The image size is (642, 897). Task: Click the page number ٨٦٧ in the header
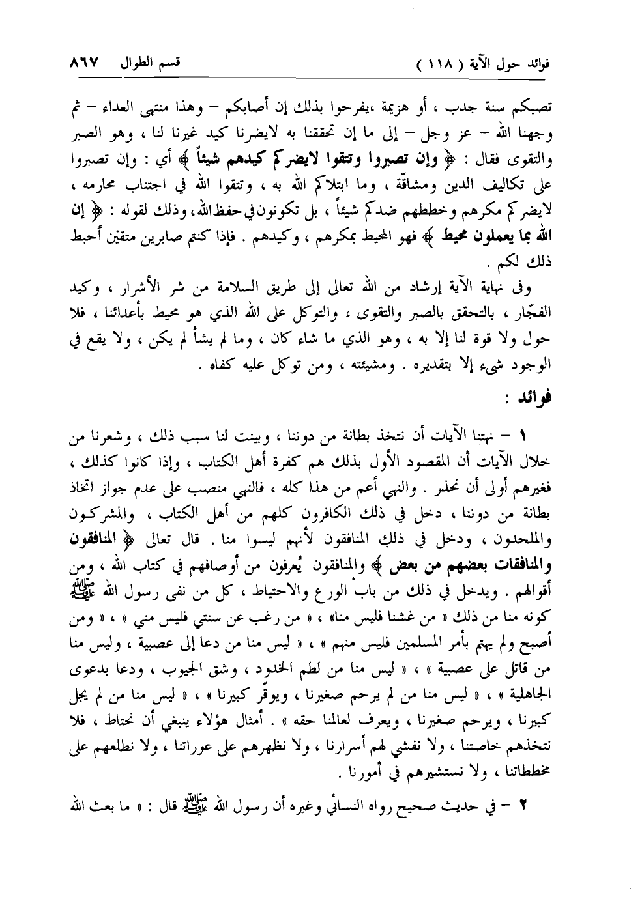[83, 64]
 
